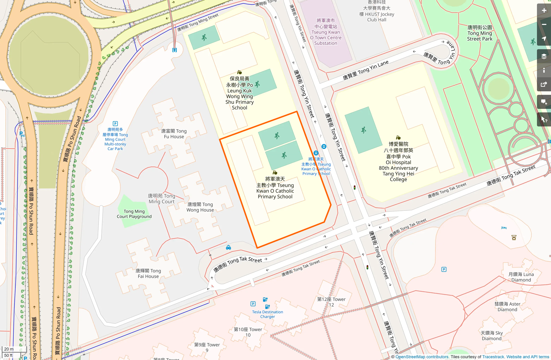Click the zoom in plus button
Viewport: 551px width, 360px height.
[x=544, y=11]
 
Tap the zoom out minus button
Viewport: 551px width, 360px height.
[x=544, y=25]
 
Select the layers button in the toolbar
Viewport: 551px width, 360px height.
[x=544, y=56]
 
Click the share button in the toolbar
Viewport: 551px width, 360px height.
[x=544, y=84]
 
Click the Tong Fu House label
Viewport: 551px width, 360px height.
[x=174, y=134]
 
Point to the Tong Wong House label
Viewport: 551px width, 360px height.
[x=200, y=207]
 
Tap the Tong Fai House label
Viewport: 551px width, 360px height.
[x=148, y=273]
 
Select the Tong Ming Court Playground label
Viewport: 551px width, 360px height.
[x=134, y=214]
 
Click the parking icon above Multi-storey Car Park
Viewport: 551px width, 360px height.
[x=115, y=124]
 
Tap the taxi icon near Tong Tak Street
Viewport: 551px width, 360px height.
[x=228, y=248]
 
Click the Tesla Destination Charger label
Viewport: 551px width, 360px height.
[x=267, y=314]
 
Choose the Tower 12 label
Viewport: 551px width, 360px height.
[x=331, y=302]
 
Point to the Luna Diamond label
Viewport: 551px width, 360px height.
[x=521, y=277]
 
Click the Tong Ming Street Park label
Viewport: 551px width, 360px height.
[x=479, y=33]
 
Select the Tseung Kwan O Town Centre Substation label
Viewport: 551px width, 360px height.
[x=326, y=32]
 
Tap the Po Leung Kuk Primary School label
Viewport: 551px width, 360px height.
[x=239, y=93]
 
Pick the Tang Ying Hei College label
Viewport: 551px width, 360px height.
[x=398, y=162]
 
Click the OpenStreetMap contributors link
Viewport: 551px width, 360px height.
[x=422, y=357]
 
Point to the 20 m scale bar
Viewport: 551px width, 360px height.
[x=9, y=349]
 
